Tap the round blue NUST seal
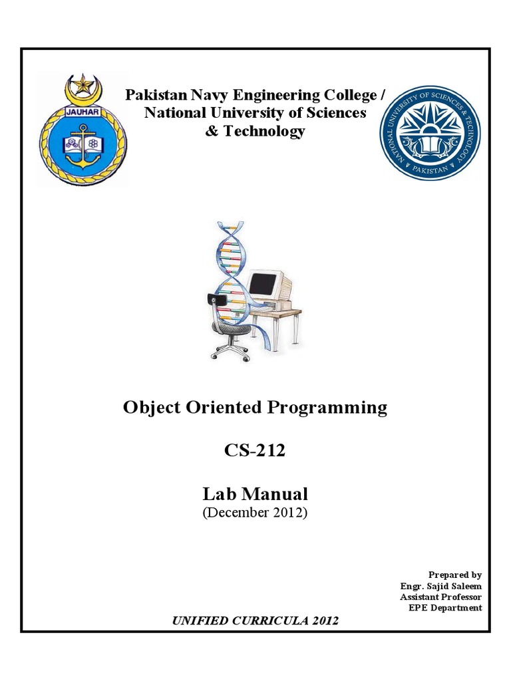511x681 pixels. pyautogui.click(x=429, y=133)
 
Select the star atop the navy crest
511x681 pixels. pyautogui.click(x=83, y=84)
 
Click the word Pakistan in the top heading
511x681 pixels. pyautogui.click(x=154, y=95)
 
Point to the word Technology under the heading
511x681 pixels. pyautogui.click(x=264, y=131)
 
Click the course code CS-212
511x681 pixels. pyautogui.click(x=255, y=450)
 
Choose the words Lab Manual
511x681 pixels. pyautogui.click(x=255, y=494)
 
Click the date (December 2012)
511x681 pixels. pyautogui.click(x=255, y=513)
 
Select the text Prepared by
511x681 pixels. pyautogui.click(x=455, y=575)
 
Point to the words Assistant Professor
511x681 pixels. pyautogui.click(x=440, y=597)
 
